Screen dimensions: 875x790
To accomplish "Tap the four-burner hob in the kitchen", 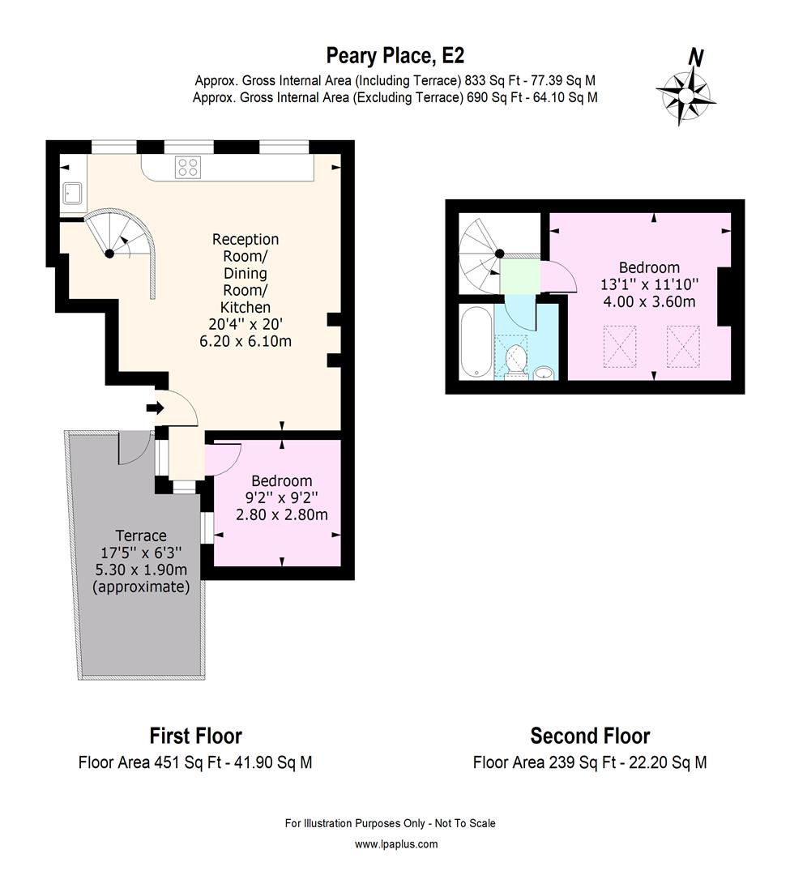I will coord(188,167).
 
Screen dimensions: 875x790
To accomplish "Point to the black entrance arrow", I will coord(153,409).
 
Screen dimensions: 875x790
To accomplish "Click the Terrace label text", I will coord(141,536).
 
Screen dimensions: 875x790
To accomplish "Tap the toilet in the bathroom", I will coord(516,361).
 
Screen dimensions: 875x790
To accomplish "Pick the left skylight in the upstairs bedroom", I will coord(620,346).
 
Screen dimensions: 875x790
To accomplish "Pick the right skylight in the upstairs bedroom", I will coord(682,346).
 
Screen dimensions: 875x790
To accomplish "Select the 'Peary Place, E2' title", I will coord(395,55).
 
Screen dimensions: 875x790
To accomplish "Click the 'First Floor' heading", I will coord(195,736).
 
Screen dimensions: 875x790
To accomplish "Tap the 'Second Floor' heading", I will coord(590,736).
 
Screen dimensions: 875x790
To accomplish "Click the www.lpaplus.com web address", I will coord(396,844).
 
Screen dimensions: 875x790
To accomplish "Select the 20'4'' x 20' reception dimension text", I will coord(246,325).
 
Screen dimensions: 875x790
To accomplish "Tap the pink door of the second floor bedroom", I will coord(558,278).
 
